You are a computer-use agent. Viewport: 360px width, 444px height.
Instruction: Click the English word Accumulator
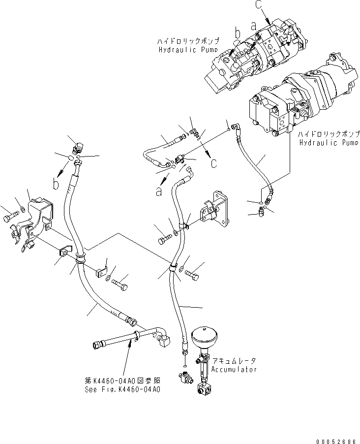pos(234,369)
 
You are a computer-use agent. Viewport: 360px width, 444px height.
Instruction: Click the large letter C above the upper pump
pos(260,6)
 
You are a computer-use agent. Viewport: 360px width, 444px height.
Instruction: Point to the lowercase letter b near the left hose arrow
pos(57,184)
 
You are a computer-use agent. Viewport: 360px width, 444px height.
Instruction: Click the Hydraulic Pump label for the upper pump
pos(188,50)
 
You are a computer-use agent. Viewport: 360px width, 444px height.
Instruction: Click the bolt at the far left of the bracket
pos(9,217)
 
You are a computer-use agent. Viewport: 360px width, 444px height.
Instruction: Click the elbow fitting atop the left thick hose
pos(78,147)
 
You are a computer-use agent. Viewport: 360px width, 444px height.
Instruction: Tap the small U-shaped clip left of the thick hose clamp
pos(62,253)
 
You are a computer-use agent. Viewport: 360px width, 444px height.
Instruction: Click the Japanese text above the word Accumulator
pos(230,361)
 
